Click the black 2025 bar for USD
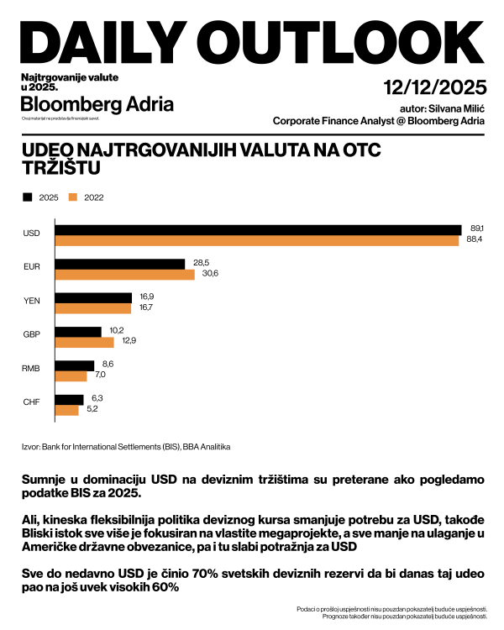(x=258, y=229)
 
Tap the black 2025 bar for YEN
(x=93, y=297)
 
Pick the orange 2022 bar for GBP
(x=84, y=343)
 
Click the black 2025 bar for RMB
(x=74, y=365)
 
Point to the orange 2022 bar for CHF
(x=66, y=410)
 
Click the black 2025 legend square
(x=28, y=197)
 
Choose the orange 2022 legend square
(x=73, y=197)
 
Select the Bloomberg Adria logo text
(x=97, y=105)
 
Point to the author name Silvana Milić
(x=455, y=108)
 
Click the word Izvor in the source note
(x=30, y=446)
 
